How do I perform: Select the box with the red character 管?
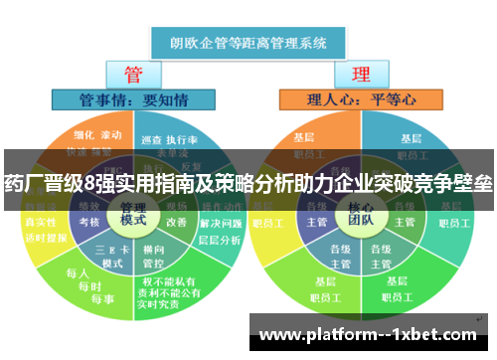tap(133, 75)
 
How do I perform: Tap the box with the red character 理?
tap(360, 75)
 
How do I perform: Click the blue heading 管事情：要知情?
tap(133, 99)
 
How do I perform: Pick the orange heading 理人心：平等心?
tap(361, 99)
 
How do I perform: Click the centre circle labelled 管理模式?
tap(133, 212)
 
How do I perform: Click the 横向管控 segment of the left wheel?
tap(154, 256)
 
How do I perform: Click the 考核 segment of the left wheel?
tap(88, 222)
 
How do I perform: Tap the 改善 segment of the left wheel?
tap(176, 222)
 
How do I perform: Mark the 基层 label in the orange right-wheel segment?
tap(304, 137)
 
